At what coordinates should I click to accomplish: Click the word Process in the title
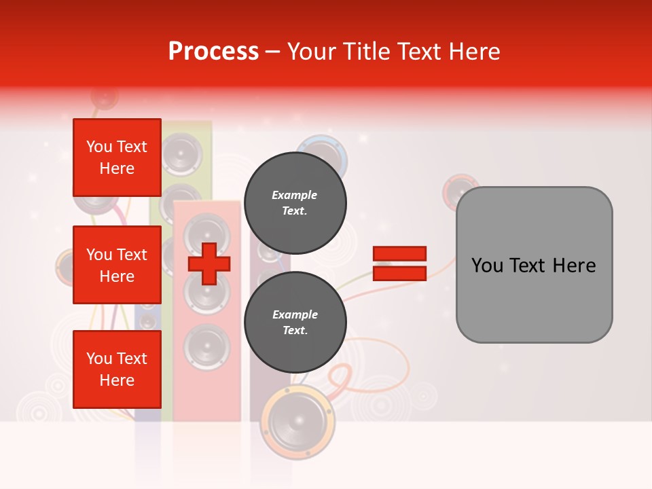[x=213, y=52]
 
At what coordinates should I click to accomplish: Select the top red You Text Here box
[x=117, y=158]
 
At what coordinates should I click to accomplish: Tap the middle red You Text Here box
[x=117, y=265]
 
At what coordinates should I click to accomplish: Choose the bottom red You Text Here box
[x=117, y=369]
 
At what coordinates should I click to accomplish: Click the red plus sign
[x=209, y=264]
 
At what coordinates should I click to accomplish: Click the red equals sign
[x=399, y=264]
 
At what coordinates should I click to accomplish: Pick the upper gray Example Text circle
[x=295, y=202]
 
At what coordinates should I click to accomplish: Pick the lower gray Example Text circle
[x=295, y=322]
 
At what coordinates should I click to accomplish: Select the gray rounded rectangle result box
[x=534, y=265]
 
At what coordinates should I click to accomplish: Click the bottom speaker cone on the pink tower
[x=206, y=345]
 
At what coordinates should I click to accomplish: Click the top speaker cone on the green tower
[x=181, y=153]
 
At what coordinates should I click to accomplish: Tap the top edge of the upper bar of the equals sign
[x=399, y=247]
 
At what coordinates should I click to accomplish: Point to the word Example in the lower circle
[x=295, y=314]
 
